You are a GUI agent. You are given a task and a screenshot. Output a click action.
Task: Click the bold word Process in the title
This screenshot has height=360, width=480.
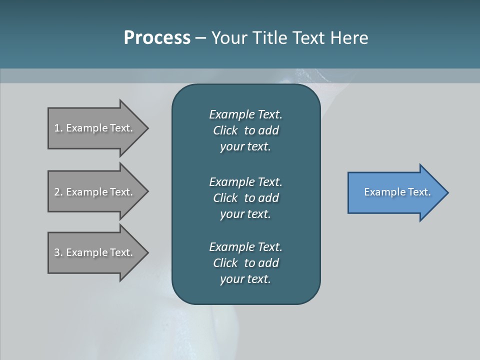(157, 38)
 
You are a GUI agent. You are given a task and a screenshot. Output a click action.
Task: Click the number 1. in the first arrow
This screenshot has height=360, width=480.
(58, 128)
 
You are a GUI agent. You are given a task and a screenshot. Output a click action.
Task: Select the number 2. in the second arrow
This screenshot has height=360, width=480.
(58, 192)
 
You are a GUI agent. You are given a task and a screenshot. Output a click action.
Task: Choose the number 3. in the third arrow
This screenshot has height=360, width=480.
(58, 252)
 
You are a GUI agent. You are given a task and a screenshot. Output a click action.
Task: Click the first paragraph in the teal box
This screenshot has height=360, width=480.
(245, 130)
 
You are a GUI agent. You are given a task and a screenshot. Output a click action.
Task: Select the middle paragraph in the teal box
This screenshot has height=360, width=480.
(245, 197)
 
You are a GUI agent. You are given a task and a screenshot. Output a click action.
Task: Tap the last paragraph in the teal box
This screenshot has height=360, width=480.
(245, 263)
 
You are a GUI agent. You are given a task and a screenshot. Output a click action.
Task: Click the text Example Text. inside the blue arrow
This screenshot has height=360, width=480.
(397, 192)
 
